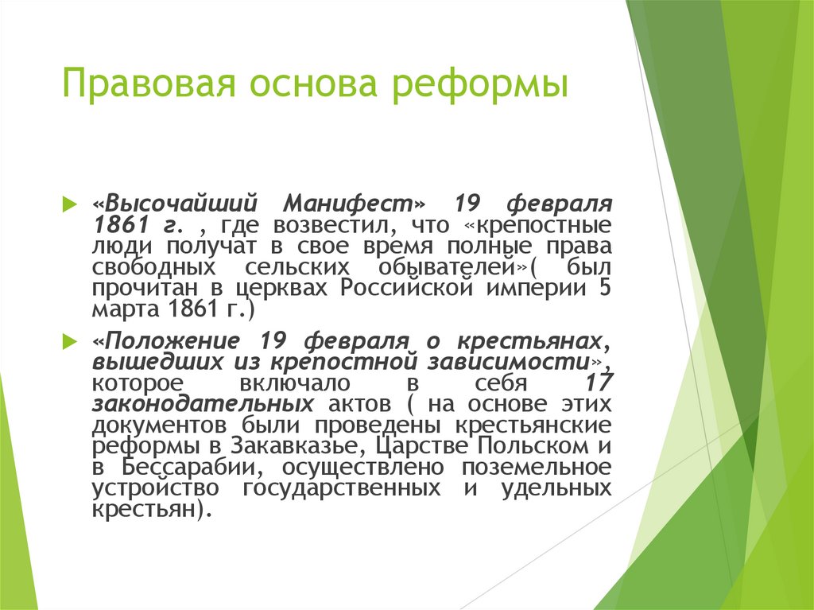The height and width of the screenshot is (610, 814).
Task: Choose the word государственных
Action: (342, 488)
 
